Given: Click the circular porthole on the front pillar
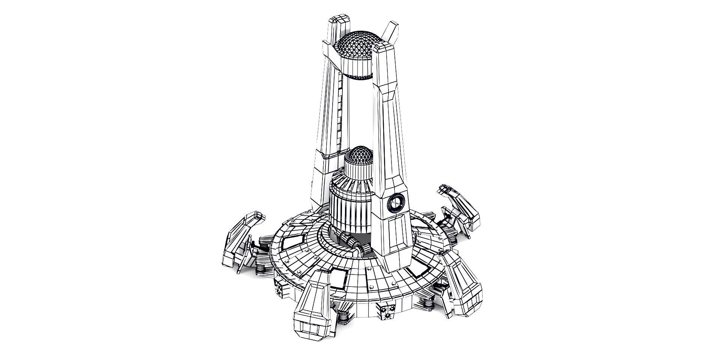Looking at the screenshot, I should click(x=396, y=204).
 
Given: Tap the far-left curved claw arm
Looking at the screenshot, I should click(x=240, y=240).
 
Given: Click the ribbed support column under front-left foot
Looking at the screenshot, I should click(x=343, y=317).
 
